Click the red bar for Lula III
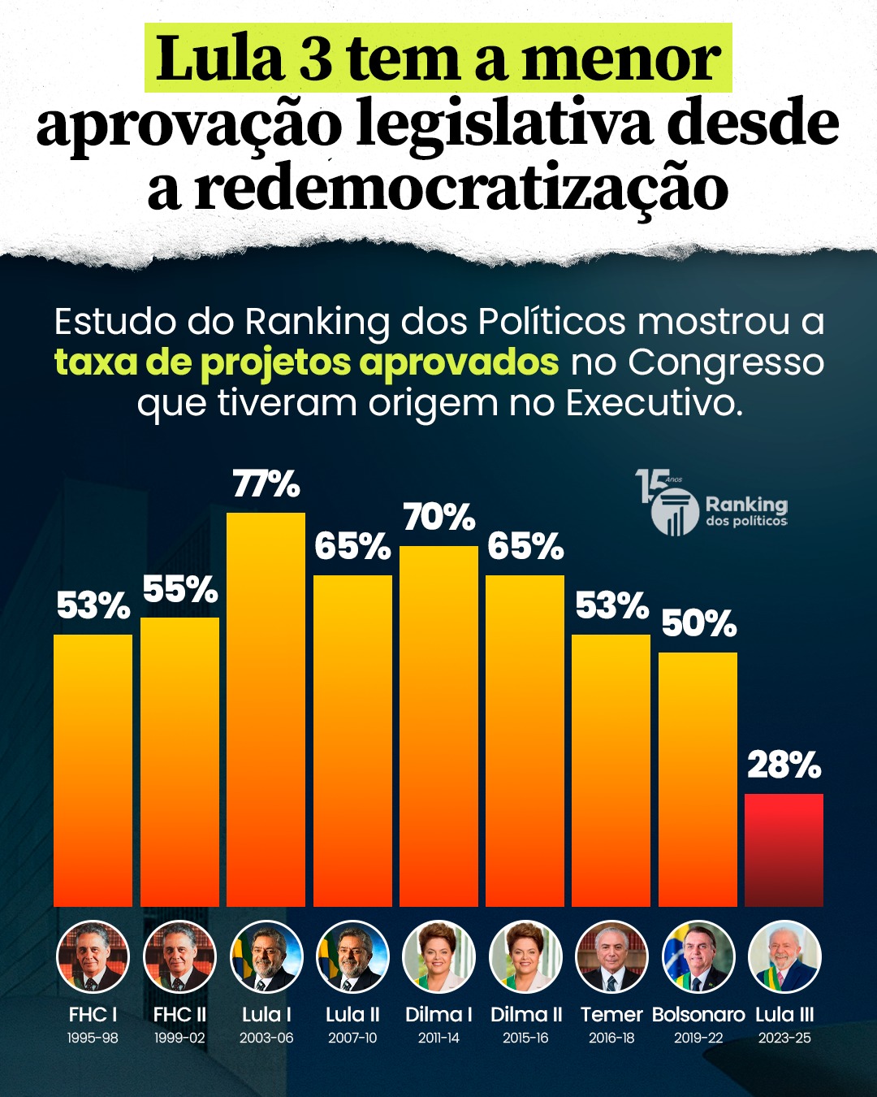tap(784, 849)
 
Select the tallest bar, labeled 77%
tap(266, 709)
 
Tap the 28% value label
tap(784, 765)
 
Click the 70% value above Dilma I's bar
tap(438, 518)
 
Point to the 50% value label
tap(698, 624)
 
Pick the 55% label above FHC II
tap(180, 590)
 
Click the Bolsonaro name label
tap(698, 1014)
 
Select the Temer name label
tap(611, 1014)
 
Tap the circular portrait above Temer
tap(611, 957)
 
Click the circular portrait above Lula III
tap(784, 957)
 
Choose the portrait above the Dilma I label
tap(438, 957)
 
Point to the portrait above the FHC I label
tap(93, 957)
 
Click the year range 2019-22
tap(698, 1038)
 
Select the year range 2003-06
tap(266, 1038)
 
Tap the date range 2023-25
tap(784, 1038)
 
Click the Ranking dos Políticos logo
tap(712, 504)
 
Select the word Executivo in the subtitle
tap(654, 402)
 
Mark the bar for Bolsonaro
tap(698, 778)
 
